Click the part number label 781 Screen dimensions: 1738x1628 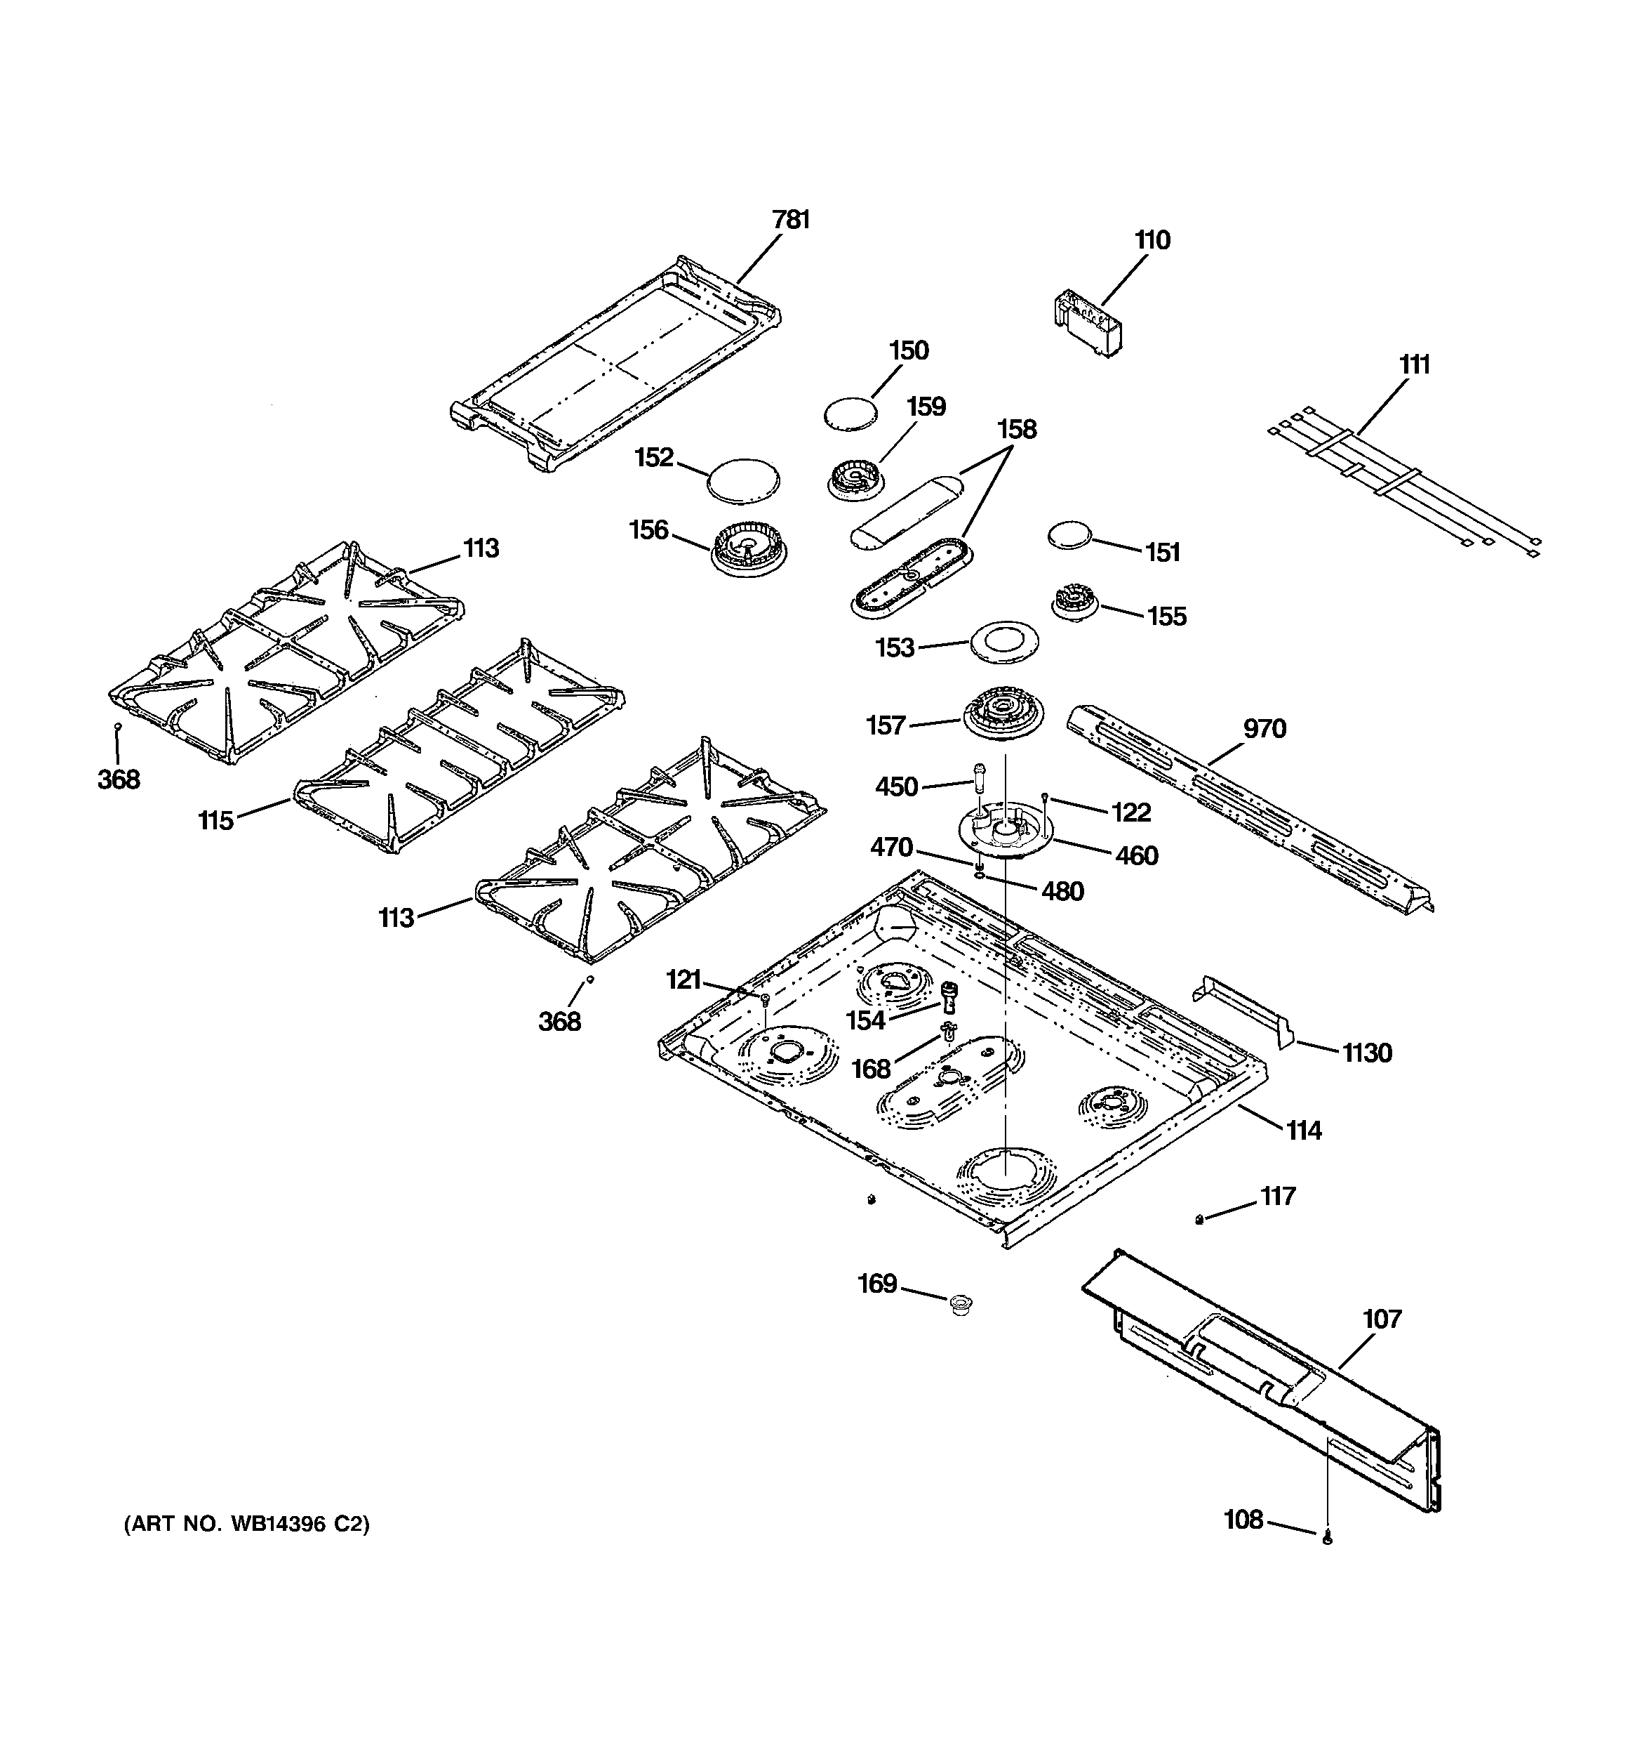pos(791,219)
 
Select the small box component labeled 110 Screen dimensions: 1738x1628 pos(1086,324)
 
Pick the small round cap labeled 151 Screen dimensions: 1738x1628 pos(1070,536)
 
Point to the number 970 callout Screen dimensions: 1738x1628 pos(1264,728)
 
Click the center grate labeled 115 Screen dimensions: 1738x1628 pos(459,747)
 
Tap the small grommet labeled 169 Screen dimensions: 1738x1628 pos(961,1306)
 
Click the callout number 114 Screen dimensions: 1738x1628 pos(1304,1131)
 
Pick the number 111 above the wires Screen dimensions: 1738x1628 pos(1414,364)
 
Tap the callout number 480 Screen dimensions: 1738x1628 pos(1062,891)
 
